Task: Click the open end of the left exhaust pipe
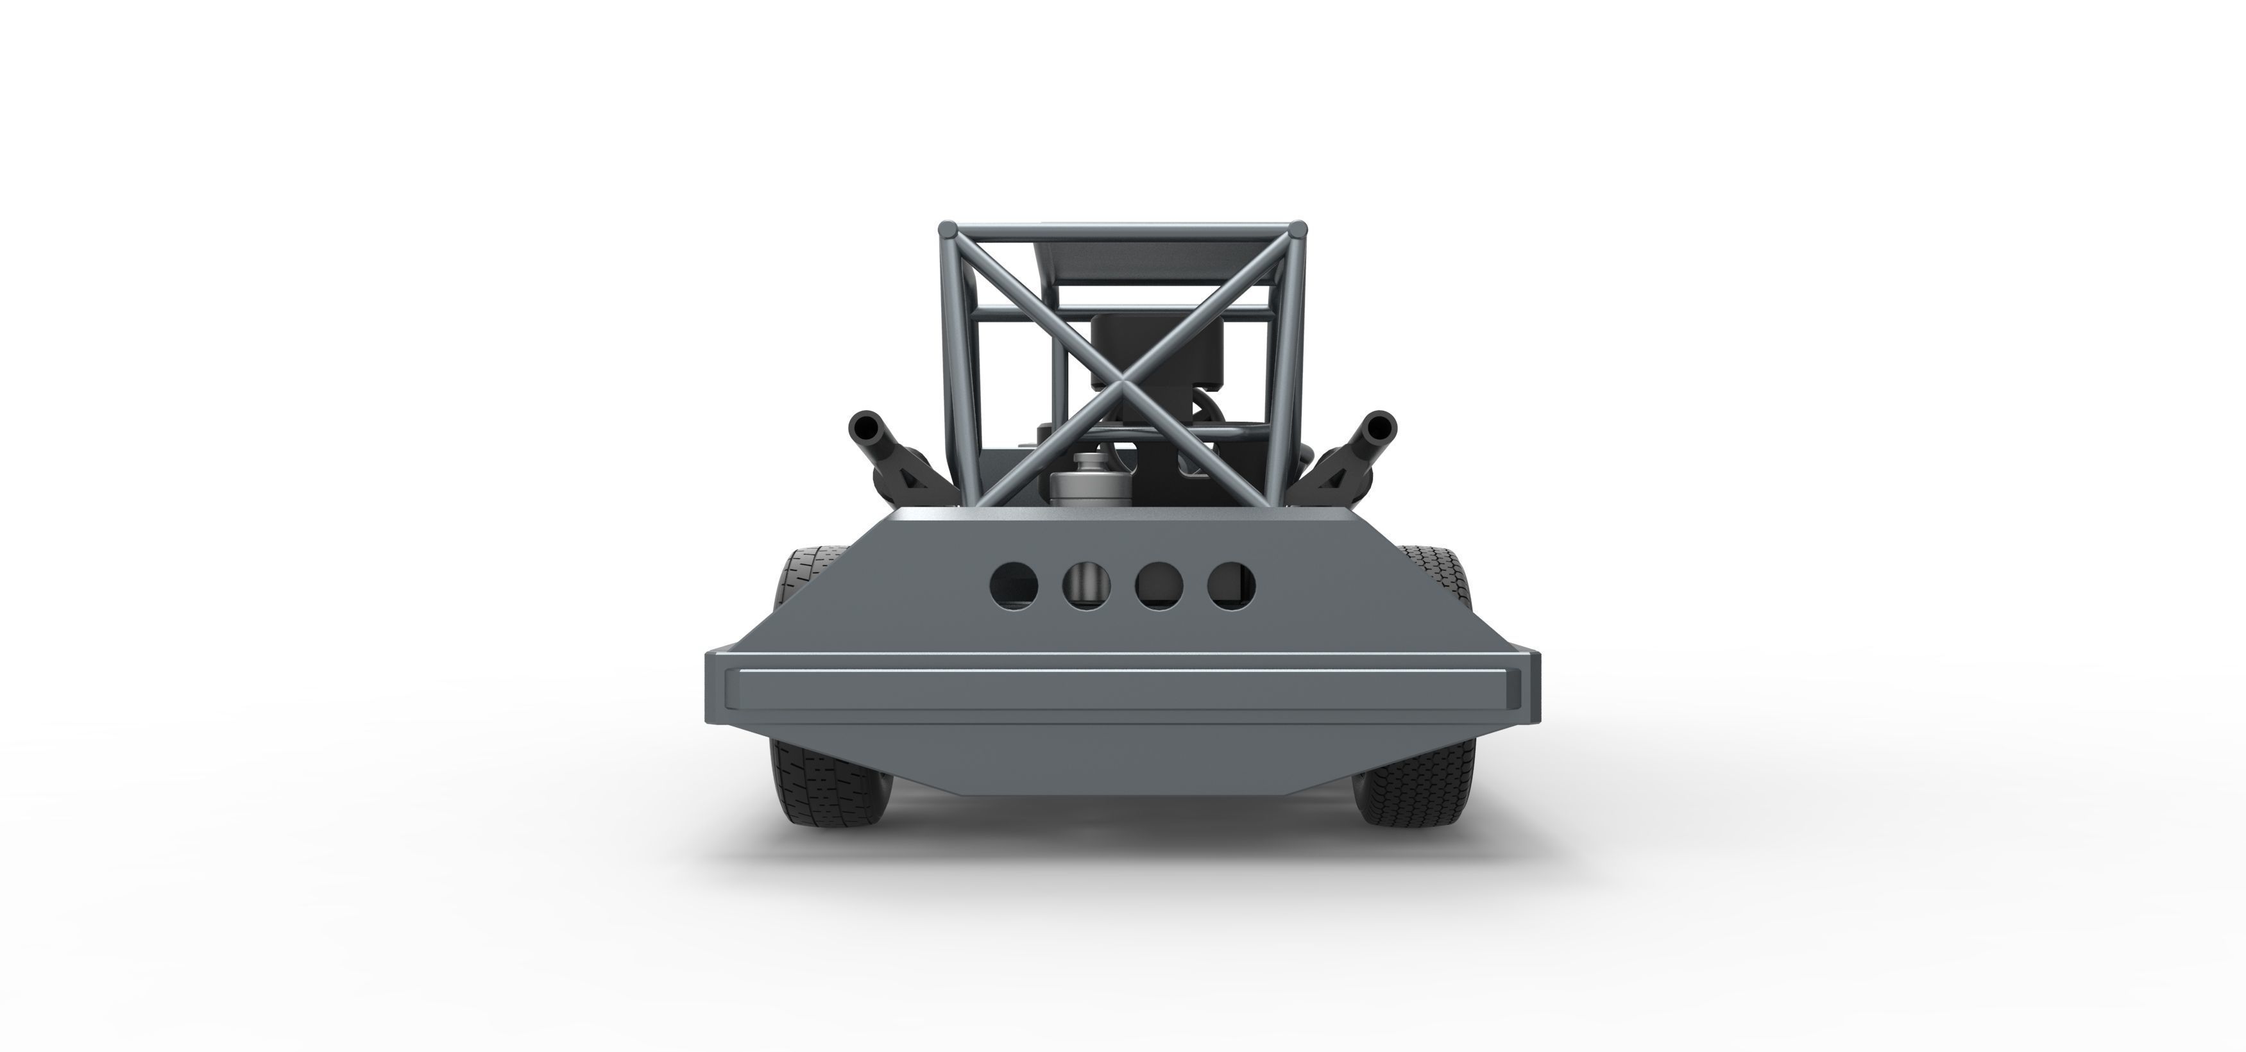tap(867, 428)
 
